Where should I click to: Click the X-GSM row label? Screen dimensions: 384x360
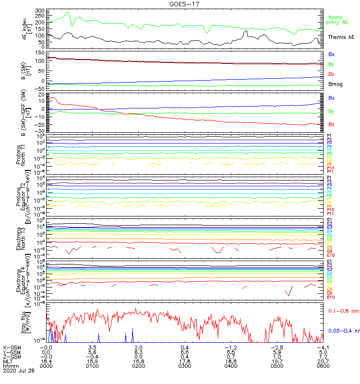click(x=12, y=347)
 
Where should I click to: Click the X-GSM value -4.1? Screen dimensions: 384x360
click(x=322, y=347)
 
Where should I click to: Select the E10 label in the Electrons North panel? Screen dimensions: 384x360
click(x=331, y=255)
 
